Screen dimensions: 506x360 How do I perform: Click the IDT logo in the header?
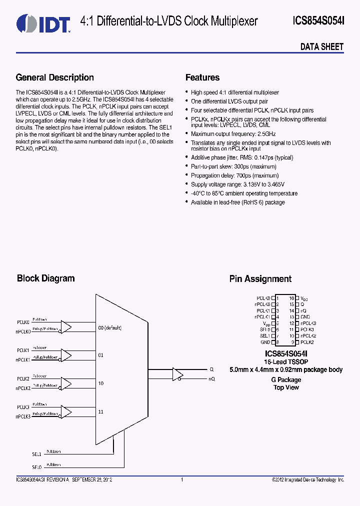click(43, 22)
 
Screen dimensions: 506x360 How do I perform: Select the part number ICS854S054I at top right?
click(318, 21)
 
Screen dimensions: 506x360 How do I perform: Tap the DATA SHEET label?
click(321, 47)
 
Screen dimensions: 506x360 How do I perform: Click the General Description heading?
click(55, 77)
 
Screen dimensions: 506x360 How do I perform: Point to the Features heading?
click(202, 77)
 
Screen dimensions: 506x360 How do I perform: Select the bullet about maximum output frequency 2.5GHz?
click(233, 134)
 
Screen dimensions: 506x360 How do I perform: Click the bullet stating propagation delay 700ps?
click(234, 175)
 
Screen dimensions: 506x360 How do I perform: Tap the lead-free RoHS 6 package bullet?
click(237, 202)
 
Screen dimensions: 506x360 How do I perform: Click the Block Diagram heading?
click(45, 278)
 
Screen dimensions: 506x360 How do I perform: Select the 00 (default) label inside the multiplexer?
click(110, 328)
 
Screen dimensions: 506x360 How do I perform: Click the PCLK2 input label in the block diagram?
click(23, 379)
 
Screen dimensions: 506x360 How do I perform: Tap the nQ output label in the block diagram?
click(211, 379)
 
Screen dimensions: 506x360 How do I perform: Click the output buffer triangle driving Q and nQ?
click(177, 374)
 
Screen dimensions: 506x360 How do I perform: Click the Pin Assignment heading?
click(260, 279)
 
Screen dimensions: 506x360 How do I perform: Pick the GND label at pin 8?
click(265, 342)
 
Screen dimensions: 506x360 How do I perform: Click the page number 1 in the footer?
click(182, 480)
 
